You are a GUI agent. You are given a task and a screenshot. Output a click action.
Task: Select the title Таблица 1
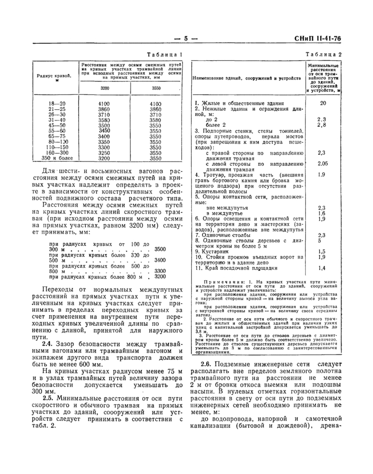pyautogui.click(x=165, y=54)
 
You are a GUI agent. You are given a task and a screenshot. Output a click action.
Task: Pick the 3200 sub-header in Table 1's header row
pyautogui.click(x=105, y=88)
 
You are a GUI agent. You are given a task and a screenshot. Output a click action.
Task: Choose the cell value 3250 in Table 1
pyautogui.click(x=104, y=152)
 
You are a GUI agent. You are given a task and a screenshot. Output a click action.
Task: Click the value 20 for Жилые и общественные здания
pyautogui.click(x=322, y=103)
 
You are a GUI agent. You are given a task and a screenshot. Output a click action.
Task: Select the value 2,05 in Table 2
pyautogui.click(x=322, y=164)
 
